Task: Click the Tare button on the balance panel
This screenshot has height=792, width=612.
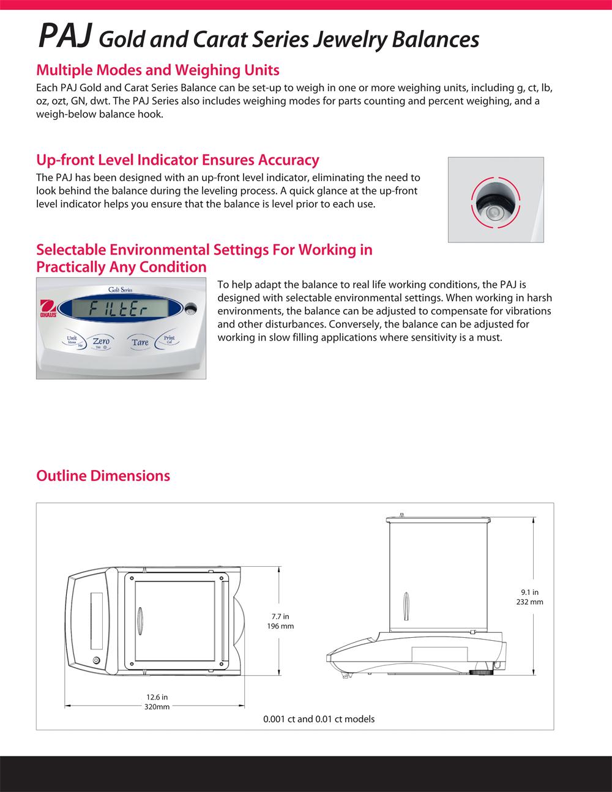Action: pos(140,342)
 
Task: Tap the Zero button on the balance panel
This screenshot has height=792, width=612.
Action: pos(101,340)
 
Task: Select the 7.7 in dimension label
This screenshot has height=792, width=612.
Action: pos(281,616)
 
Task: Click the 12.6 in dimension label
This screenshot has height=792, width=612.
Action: pos(157,697)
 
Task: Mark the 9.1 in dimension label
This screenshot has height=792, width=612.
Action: pos(530,592)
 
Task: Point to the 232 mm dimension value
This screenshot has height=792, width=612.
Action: pos(530,602)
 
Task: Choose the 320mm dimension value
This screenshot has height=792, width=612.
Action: pos(157,706)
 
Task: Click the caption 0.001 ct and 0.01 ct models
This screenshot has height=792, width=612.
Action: pos(319,719)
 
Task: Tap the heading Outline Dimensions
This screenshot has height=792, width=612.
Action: pos(103,476)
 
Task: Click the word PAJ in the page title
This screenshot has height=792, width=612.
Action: pos(65,39)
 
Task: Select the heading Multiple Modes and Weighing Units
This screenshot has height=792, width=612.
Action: pos(158,70)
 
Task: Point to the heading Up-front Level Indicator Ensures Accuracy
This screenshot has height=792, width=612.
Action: pos(177,160)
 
